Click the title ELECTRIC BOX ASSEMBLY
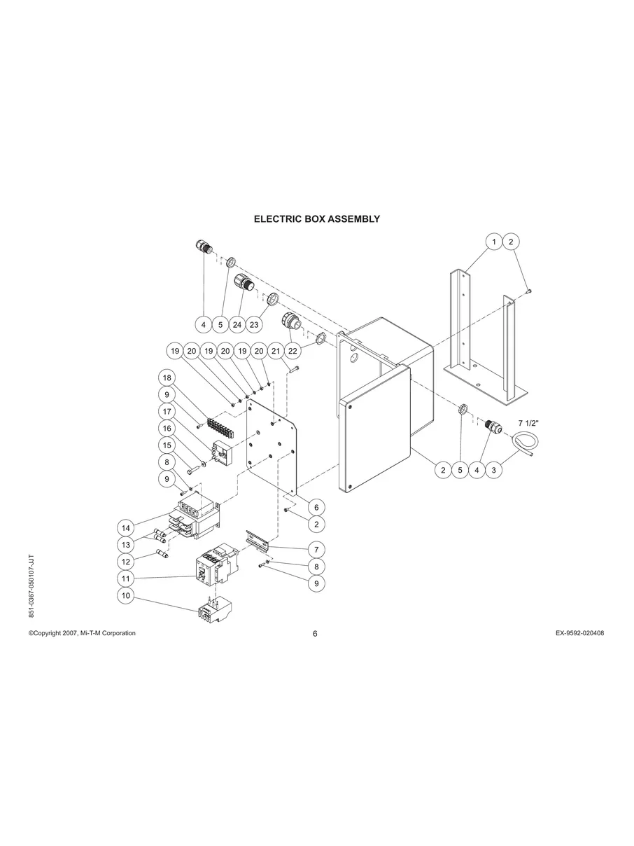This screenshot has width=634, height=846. [316, 219]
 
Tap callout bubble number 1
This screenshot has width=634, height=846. [493, 242]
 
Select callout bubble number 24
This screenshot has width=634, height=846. [237, 324]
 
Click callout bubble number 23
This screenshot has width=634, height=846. [254, 324]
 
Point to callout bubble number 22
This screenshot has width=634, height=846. [293, 350]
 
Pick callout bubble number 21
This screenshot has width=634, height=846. [276, 350]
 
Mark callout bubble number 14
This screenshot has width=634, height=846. [126, 527]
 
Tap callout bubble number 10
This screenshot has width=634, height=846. [126, 596]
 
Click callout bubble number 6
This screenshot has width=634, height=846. [316, 506]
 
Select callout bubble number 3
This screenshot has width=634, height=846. [493, 470]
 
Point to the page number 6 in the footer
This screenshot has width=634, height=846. [316, 634]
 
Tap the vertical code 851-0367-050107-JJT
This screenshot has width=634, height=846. [30, 585]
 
